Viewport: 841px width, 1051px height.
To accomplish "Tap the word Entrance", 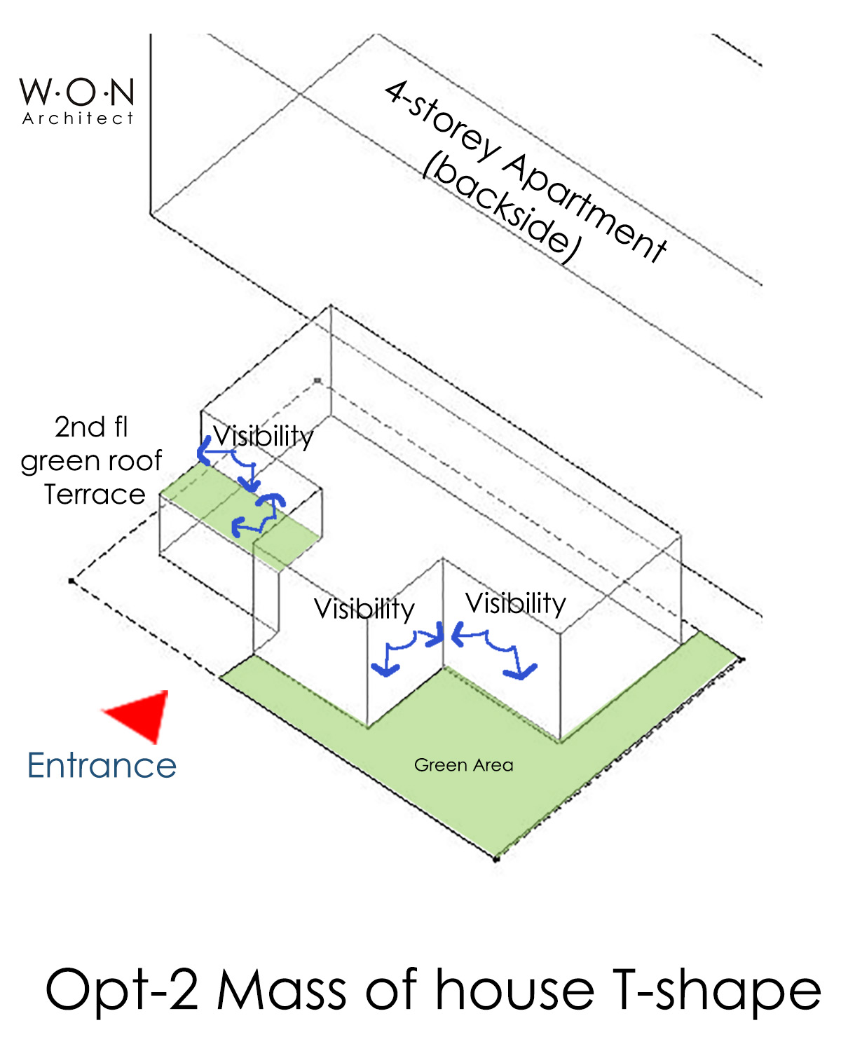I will (x=102, y=765).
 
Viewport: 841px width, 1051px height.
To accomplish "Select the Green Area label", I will (x=463, y=765).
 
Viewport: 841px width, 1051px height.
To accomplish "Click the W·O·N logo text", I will (x=77, y=92).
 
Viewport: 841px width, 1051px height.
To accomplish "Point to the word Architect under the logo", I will (x=77, y=118).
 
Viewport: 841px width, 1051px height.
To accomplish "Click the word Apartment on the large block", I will (x=585, y=207).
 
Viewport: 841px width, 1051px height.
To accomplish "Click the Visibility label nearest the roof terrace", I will (x=264, y=436).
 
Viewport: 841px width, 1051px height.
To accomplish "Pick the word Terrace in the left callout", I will (x=95, y=495).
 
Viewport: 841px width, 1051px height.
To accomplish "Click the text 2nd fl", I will (x=91, y=427).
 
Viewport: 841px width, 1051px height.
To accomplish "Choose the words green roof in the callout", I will (x=91, y=461).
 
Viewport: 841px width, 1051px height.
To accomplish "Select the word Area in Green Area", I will (x=493, y=765).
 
